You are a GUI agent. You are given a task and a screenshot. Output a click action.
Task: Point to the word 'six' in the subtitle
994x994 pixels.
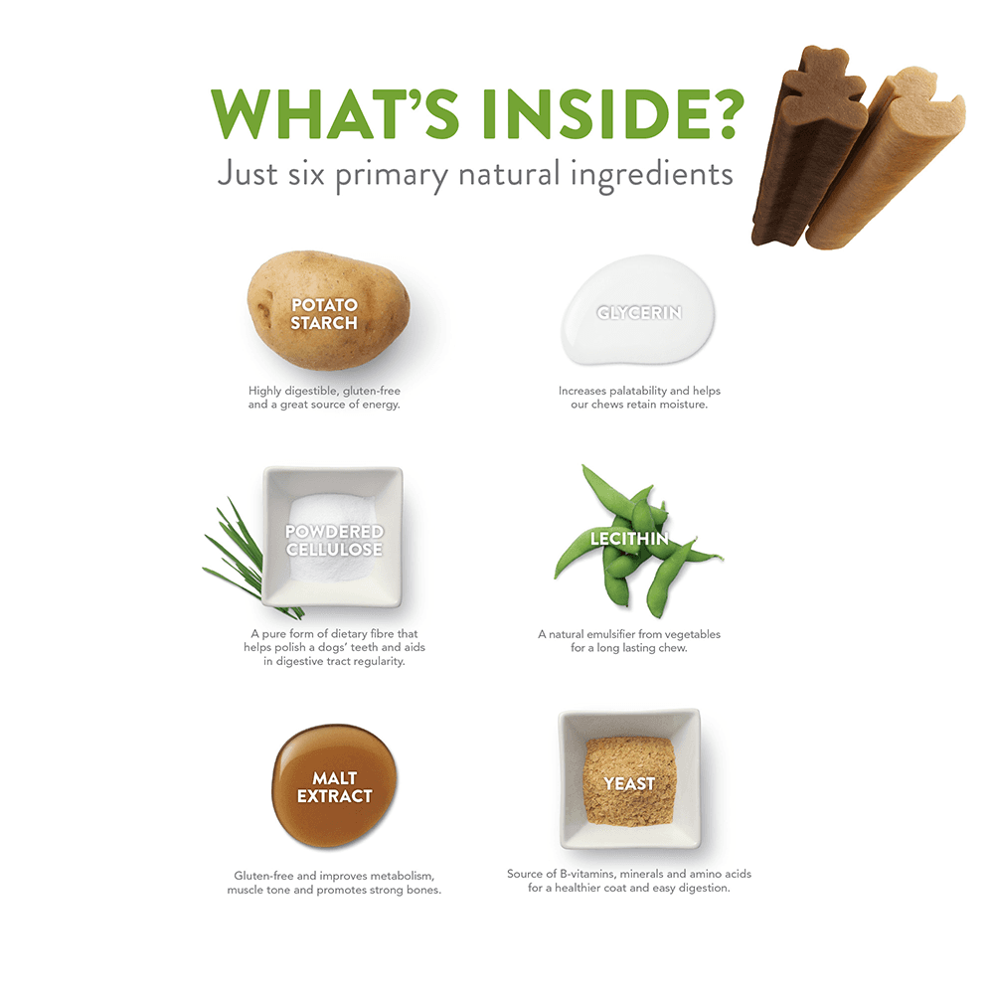pos(306,174)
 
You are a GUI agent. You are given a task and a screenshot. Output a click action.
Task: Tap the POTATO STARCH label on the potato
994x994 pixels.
pos(324,314)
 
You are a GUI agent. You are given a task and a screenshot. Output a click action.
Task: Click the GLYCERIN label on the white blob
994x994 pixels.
pos(639,312)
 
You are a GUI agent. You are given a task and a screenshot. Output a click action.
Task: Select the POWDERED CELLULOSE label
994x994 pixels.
pos(334,540)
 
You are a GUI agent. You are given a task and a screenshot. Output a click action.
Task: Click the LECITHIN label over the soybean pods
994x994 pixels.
pos(629,539)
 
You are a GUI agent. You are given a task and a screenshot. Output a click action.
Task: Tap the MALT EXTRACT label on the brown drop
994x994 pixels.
pos(334,786)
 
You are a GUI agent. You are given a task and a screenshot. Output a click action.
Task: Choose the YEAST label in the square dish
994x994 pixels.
pos(629,784)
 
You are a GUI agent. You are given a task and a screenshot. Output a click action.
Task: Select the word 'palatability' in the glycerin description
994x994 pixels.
pos(638,391)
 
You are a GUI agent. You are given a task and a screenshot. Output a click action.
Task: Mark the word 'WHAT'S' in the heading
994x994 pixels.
pos(335,113)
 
